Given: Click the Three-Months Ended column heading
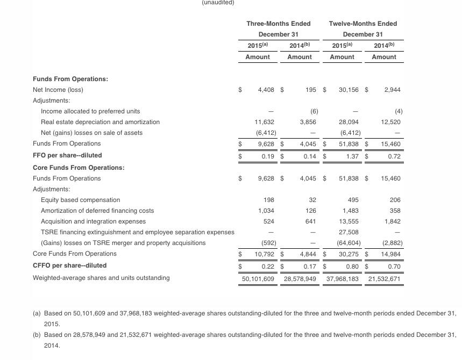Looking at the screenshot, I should [278, 24].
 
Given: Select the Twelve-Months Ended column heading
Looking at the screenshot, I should [363, 24].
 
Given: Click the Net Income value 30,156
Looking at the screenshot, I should [349, 90].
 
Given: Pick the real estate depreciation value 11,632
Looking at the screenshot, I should [264, 122].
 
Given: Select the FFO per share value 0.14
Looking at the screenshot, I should [309, 155].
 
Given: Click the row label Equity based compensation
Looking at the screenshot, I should [80, 200].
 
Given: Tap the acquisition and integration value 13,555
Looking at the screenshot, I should [350, 221].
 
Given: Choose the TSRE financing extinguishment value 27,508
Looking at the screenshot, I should [350, 232].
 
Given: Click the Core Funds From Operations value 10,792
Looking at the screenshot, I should [264, 254].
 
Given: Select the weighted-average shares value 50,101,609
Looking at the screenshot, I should [258, 278].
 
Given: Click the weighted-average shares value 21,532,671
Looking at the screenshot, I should [384, 278].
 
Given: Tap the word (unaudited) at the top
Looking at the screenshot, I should [218, 3].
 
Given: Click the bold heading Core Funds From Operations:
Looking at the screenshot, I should [79, 168].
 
